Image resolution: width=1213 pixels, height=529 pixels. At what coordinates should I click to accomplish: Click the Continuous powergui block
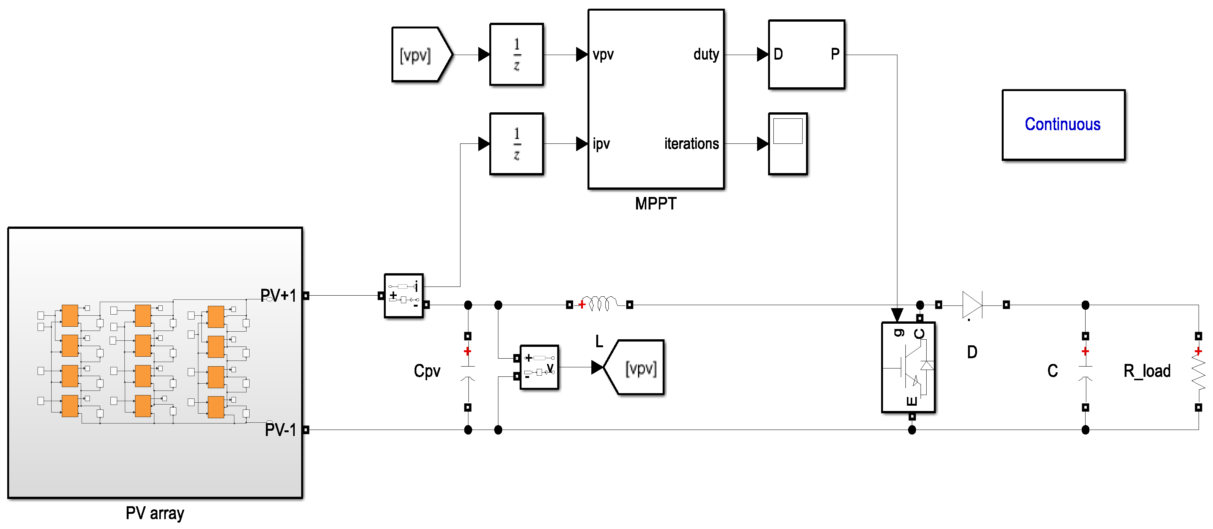1063,125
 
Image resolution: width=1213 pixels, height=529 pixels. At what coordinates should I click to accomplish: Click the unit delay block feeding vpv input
516,55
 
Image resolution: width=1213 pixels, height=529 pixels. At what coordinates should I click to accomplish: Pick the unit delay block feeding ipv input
516,144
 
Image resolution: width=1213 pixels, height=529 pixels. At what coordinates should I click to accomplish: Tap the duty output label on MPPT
705,55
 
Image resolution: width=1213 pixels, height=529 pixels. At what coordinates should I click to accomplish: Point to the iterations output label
691,144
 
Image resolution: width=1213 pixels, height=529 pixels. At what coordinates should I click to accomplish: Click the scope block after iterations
787,144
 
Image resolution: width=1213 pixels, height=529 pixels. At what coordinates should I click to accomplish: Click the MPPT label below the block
655,204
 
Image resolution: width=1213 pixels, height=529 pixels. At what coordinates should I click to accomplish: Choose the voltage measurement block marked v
539,367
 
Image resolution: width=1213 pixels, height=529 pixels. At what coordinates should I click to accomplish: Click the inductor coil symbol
599,304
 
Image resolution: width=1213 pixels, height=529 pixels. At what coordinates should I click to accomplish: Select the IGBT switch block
908,367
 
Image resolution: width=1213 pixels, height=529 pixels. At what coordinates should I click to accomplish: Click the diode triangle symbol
972,305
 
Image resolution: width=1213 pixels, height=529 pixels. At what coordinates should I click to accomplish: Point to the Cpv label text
427,371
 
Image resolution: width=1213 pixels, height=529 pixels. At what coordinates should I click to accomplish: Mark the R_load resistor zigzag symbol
1199,372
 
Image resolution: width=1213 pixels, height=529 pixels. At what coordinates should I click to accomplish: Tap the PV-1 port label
280,430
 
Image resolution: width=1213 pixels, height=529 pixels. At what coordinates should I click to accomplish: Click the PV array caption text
154,513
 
